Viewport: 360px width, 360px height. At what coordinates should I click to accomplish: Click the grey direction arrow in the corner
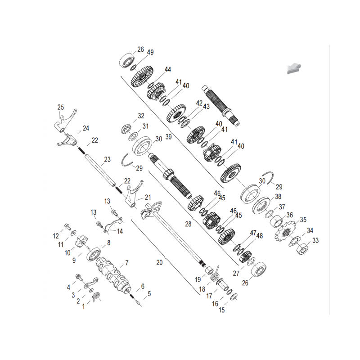pos(294,68)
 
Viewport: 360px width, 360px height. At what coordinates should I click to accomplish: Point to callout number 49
pos(150,52)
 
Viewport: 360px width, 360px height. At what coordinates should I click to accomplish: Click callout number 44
pos(167,69)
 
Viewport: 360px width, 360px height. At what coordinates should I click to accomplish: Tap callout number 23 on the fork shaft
pos(107,159)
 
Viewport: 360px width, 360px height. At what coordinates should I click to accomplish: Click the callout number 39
pos(168,137)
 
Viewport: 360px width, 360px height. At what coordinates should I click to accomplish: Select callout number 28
pos(188,224)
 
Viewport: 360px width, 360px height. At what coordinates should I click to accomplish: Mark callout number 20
pos(159,262)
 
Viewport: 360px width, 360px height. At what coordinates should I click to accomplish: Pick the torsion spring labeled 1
pos(96,297)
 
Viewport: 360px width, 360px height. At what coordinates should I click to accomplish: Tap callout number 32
pos(141,116)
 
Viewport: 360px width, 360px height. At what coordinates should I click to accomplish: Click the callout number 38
pos(278,197)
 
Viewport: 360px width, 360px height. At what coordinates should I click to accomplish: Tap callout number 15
pos(221,310)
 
